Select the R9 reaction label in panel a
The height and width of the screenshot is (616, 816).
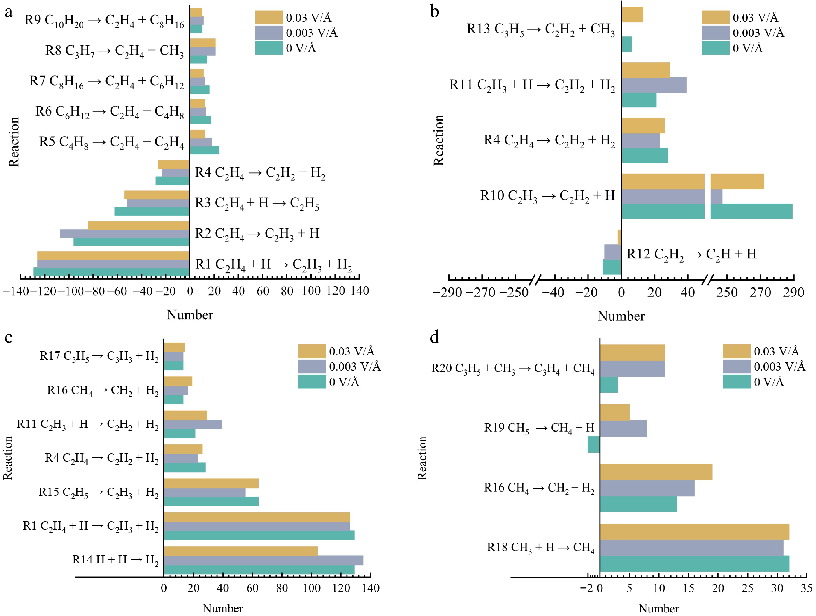(104, 21)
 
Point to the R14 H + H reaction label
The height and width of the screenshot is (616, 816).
(115, 560)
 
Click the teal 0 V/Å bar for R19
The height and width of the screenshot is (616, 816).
(593, 444)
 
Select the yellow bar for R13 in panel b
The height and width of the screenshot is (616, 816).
(632, 15)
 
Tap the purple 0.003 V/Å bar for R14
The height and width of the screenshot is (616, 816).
(263, 560)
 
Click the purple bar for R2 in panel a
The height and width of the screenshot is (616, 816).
(125, 234)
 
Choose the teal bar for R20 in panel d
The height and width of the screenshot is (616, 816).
(609, 385)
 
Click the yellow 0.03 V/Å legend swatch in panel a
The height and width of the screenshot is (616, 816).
(269, 17)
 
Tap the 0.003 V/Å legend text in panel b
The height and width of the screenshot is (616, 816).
(758, 33)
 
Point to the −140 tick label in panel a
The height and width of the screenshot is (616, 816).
(15, 291)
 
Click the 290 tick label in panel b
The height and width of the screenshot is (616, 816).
(793, 293)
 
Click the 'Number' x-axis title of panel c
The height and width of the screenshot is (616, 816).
(223, 608)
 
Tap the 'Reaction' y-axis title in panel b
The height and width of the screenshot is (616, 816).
(438, 140)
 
